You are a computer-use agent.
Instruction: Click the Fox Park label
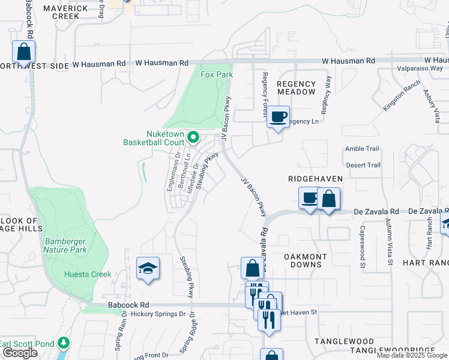pyautogui.click(x=216, y=74)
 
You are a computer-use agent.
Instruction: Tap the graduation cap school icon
pyautogui.click(x=148, y=269)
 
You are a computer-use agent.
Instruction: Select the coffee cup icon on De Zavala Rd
pyautogui.click(x=310, y=198)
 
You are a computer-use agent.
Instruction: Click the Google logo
pyautogui.click(x=20, y=353)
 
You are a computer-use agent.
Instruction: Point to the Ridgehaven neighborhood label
pyautogui.click(x=315, y=179)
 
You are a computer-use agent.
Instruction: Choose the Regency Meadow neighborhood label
pyautogui.click(x=297, y=88)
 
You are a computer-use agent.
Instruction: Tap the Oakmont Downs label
pyautogui.click(x=305, y=261)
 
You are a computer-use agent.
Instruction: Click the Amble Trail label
pyautogui.click(x=362, y=149)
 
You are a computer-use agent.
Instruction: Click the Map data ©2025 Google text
pyautogui.click(x=412, y=355)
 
